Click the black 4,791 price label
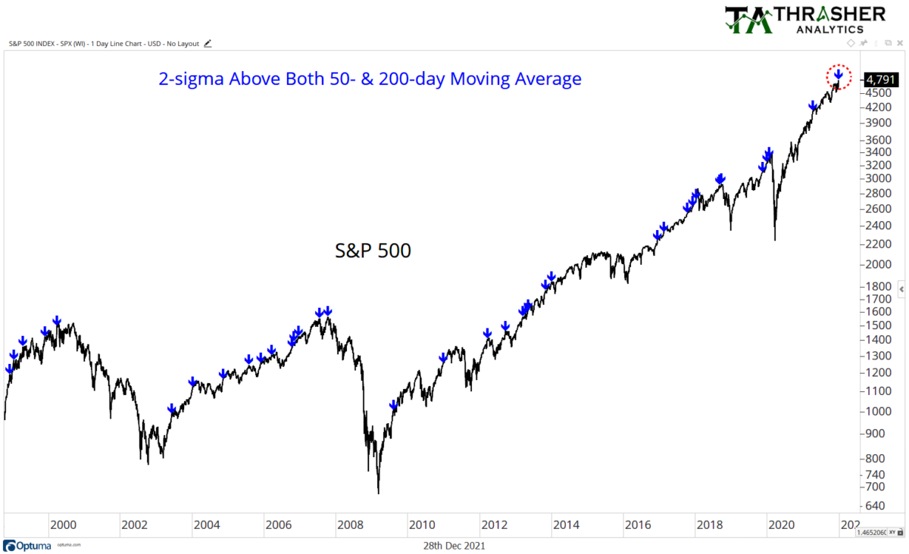pos(882,79)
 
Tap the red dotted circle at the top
pos(839,76)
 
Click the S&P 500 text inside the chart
pos(373,251)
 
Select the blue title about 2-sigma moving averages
pos(370,79)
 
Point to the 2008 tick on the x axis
pos(349,524)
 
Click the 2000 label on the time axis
pos(62,524)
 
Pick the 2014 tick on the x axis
pos(565,524)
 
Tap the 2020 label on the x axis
pos(781,524)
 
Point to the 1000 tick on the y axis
pos(879,411)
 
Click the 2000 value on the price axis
pos(879,264)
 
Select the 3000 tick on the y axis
pos(879,179)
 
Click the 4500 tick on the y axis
pos(879,92)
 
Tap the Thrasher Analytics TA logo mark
pos(749,20)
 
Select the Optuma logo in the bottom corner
pos(30,545)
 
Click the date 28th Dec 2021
pos(454,545)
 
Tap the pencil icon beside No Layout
pos(208,43)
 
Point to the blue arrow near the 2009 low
pos(394,406)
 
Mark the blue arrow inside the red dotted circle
pos(839,75)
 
